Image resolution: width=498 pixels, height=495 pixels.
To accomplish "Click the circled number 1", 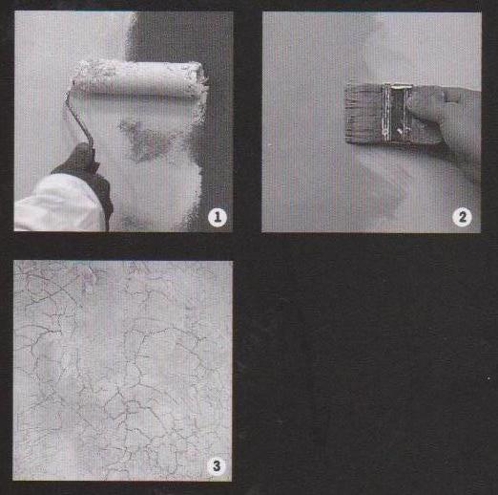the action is click(218, 217).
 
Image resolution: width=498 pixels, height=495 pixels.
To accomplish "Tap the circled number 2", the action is click(462, 217).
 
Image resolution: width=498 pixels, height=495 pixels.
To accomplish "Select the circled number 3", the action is click(217, 465).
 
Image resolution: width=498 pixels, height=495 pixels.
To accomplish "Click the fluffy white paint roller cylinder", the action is click(138, 79).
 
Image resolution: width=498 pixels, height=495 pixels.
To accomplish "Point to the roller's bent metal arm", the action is click(79, 118).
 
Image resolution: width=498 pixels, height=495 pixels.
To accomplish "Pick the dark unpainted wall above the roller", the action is click(178, 36).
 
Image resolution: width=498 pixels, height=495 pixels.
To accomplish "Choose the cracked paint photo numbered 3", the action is click(122, 371).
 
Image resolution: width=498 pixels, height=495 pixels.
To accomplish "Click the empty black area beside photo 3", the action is click(364, 370).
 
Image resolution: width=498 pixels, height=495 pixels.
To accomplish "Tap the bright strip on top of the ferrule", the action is click(399, 86).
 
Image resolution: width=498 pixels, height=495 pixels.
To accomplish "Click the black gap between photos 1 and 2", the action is click(247, 121).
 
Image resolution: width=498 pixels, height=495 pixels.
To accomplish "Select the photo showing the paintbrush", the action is click(371, 122).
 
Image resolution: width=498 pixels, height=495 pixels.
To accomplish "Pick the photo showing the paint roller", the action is click(123, 121).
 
